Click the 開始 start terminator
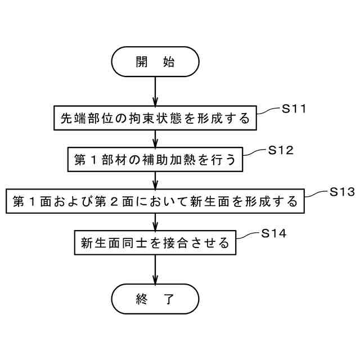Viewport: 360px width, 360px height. point(155,61)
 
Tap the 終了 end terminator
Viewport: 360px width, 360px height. point(155,299)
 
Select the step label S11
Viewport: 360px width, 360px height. point(294,109)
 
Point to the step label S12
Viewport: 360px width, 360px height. point(281,150)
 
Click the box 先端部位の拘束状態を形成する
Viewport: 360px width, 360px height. point(155,118)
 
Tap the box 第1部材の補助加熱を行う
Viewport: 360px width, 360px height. point(155,159)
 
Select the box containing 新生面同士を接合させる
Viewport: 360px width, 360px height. point(155,243)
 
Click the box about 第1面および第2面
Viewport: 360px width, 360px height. point(155,201)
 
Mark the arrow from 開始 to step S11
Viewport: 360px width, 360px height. point(155,90)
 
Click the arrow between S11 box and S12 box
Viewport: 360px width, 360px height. point(155,138)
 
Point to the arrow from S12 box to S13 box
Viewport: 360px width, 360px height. point(155,180)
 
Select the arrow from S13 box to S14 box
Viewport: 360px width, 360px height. point(155,222)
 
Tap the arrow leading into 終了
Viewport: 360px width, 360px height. point(155,270)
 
